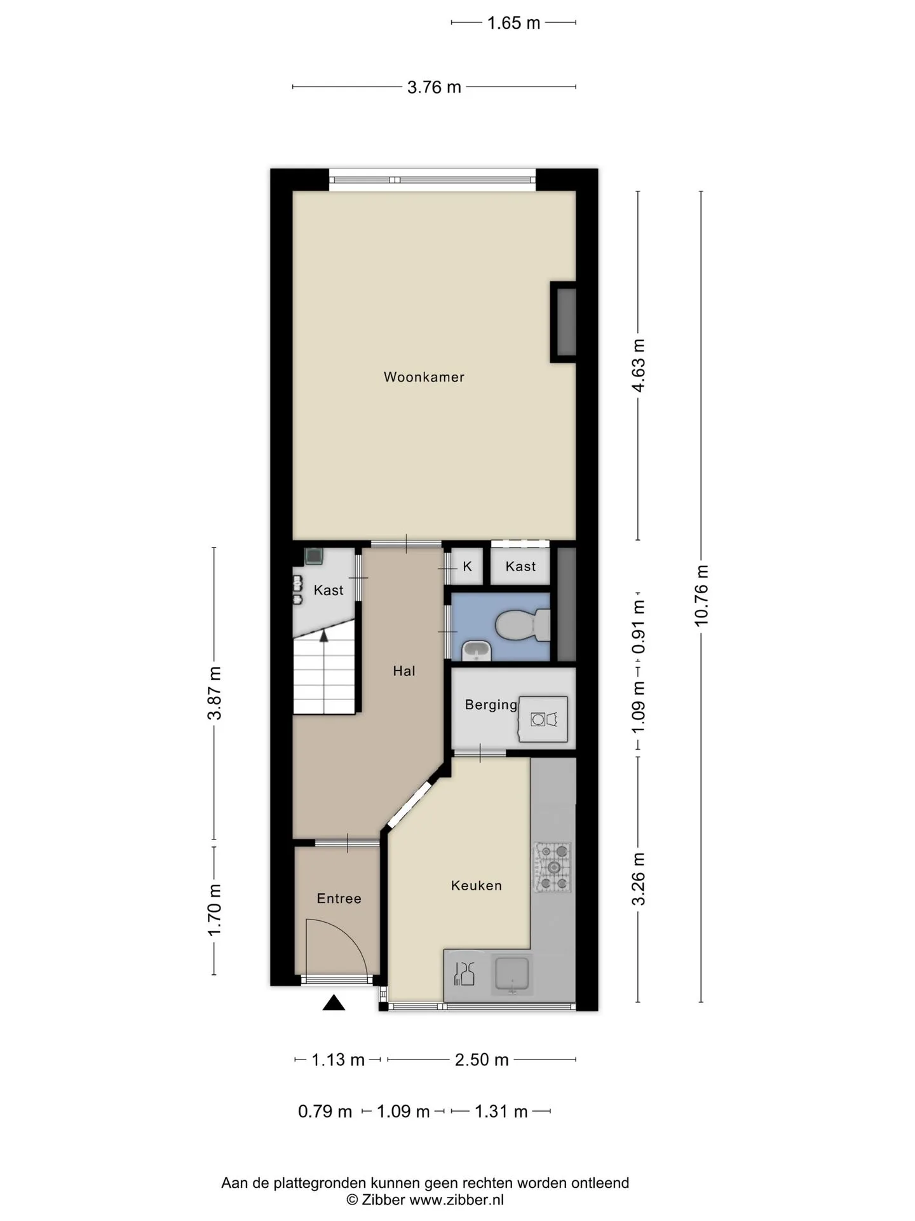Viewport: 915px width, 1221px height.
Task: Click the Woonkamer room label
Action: tap(424, 377)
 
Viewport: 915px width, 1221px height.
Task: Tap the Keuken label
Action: tap(477, 885)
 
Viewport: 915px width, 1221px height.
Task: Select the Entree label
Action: tap(339, 899)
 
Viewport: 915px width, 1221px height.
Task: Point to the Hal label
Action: tap(404, 671)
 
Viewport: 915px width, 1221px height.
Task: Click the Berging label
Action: tap(491, 705)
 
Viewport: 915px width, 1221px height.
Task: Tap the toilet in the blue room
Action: tap(522, 626)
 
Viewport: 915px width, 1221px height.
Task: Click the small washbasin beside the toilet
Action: tap(477, 651)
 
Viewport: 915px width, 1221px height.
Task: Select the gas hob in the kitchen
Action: tap(552, 867)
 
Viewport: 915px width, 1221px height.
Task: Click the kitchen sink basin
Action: tap(512, 976)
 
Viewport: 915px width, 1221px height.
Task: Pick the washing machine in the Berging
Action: tap(543, 719)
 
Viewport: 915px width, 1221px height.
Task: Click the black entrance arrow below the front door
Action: tap(334, 1003)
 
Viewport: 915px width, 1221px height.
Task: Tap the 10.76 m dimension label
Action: tap(701, 596)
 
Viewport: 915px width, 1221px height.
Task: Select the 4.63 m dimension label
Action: tap(639, 366)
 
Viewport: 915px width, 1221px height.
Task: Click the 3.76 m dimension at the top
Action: tap(434, 87)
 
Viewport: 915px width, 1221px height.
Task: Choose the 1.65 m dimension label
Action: tap(513, 24)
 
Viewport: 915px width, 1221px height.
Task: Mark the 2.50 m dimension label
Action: tap(482, 1060)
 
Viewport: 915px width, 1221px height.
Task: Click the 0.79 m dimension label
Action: tap(325, 1112)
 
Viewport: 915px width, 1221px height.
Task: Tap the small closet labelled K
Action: tap(467, 566)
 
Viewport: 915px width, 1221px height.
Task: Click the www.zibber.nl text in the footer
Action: tap(456, 1200)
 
